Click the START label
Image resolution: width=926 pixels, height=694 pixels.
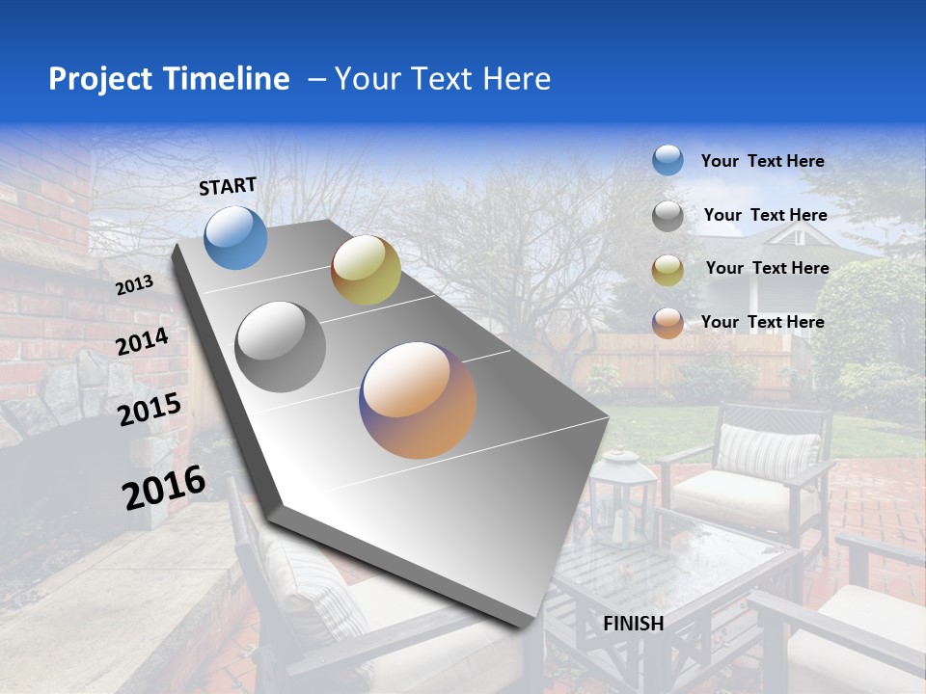click(228, 186)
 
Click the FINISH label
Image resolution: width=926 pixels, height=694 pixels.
click(634, 624)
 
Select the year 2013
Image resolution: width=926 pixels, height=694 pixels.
click(135, 284)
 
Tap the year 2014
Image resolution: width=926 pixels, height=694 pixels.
click(143, 342)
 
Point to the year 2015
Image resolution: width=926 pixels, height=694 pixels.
click(150, 410)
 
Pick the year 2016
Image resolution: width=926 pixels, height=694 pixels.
click(164, 487)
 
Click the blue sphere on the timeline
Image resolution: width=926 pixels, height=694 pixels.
click(236, 237)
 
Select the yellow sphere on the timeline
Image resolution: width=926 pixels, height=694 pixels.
click(366, 270)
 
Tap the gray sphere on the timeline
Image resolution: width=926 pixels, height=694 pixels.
click(281, 347)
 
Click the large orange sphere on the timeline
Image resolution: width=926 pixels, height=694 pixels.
click(418, 400)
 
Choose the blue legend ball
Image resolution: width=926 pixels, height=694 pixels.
click(667, 160)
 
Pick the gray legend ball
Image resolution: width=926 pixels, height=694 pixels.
click(667, 216)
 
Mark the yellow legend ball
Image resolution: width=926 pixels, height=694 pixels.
click(667, 270)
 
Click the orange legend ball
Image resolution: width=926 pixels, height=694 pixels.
click(667, 323)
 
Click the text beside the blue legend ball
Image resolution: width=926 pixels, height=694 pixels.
click(763, 161)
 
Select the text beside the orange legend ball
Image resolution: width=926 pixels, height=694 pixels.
click(763, 322)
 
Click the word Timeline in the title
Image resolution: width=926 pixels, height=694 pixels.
click(228, 79)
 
